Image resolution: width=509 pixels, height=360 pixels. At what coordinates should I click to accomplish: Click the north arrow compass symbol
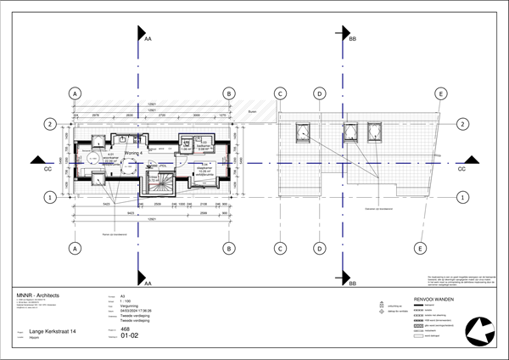click(x=478, y=330)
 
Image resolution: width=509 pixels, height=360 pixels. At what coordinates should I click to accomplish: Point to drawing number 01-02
click(x=130, y=335)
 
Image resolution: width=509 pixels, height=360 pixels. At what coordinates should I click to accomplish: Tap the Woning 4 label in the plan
click(x=132, y=153)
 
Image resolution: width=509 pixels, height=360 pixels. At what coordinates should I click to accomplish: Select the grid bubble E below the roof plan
click(x=419, y=249)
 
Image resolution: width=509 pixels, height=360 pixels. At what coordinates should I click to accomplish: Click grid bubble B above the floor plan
click(x=228, y=93)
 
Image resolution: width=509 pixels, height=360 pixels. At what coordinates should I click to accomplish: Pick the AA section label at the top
click(x=148, y=39)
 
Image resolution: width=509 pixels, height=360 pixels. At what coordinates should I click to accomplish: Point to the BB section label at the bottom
click(x=352, y=284)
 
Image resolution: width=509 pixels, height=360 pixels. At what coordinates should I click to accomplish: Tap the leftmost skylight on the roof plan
click(x=301, y=132)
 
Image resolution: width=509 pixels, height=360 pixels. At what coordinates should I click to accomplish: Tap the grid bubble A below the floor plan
click(x=76, y=249)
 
